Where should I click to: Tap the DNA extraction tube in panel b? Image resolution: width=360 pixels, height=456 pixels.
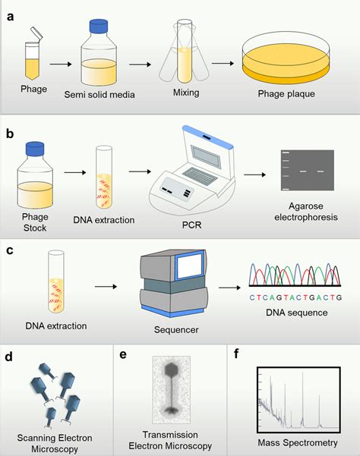106,182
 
